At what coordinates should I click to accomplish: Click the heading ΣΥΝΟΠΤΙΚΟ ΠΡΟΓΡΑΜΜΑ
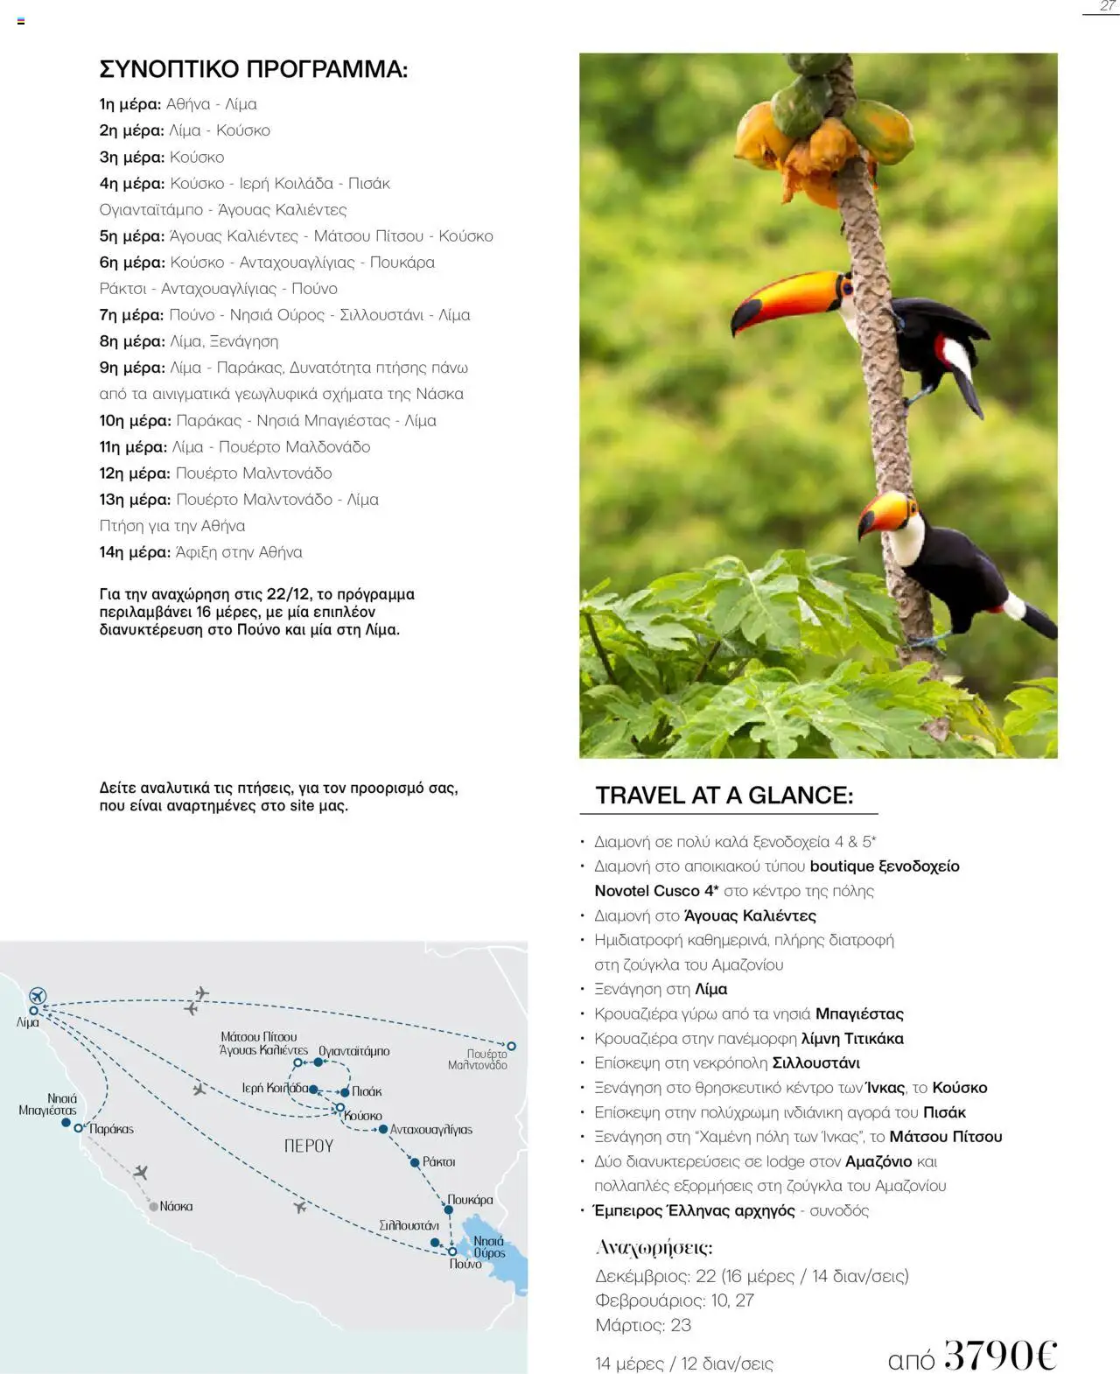click(253, 69)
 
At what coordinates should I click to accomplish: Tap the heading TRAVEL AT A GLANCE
click(724, 795)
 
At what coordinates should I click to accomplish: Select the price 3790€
click(1000, 1354)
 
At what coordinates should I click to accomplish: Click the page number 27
click(1107, 7)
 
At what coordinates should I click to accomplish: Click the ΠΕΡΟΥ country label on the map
click(309, 1146)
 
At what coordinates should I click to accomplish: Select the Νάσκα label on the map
click(176, 1206)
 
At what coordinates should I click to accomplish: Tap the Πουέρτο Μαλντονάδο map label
click(478, 1060)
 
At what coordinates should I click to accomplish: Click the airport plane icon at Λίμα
click(37, 996)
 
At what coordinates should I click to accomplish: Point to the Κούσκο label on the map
click(363, 1116)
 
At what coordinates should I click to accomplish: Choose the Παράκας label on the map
click(111, 1129)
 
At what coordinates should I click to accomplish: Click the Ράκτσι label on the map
click(438, 1161)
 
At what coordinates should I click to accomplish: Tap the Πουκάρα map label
click(470, 1199)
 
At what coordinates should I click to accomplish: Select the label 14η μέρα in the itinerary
click(135, 552)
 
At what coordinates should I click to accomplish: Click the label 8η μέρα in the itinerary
click(131, 341)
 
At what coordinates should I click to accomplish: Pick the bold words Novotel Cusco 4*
click(656, 891)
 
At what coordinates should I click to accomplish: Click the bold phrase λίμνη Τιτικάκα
click(852, 1039)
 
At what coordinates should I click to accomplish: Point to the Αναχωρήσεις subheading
click(654, 1247)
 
